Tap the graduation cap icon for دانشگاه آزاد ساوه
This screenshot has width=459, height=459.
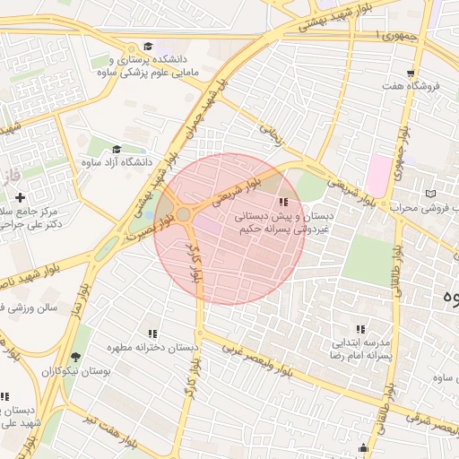(117, 150)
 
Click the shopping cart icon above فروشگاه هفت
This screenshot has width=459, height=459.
(411, 74)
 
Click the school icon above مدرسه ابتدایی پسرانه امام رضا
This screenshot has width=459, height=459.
(360, 329)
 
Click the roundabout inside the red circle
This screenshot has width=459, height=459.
(184, 214)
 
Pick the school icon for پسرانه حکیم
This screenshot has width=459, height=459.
(284, 203)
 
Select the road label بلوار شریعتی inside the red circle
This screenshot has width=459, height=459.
(243, 190)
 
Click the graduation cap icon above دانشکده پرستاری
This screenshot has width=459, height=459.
(147, 47)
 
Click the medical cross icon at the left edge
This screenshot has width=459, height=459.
(20, 196)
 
